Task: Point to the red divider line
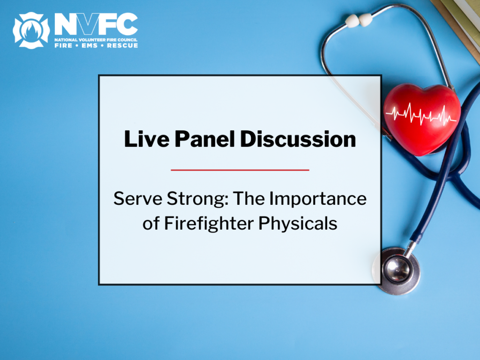[x=240, y=170]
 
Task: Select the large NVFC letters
[x=96, y=23]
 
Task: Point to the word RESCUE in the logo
[x=122, y=45]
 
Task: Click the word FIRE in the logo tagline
[x=63, y=45]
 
